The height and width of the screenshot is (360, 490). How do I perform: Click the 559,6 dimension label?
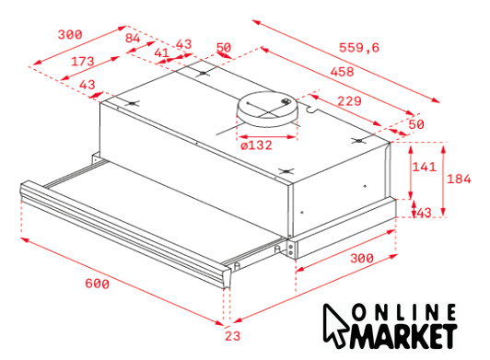click(359, 48)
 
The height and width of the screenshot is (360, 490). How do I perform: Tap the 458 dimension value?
click(343, 72)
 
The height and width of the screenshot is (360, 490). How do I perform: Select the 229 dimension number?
click(349, 101)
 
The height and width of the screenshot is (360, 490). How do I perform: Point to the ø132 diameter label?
click(256, 145)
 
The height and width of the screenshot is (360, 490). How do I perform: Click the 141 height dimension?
click(424, 167)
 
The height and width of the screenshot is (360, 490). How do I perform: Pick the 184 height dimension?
click(459, 179)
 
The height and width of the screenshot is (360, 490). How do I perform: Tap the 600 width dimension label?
click(98, 284)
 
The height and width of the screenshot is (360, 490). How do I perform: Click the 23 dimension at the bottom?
click(233, 336)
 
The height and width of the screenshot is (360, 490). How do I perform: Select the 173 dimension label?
click(83, 62)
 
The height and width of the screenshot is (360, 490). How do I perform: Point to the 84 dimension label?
click(133, 38)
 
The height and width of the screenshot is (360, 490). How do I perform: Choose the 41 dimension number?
click(162, 52)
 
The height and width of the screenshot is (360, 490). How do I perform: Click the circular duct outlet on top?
click(267, 109)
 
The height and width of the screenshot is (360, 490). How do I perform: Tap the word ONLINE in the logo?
click(404, 312)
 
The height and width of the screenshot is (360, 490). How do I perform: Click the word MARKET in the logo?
click(404, 337)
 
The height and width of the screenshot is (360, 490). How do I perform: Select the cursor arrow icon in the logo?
click(334, 326)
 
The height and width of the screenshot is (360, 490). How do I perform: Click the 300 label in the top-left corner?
click(70, 34)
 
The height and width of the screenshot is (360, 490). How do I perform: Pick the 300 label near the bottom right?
click(362, 259)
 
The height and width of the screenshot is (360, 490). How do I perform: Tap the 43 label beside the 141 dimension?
click(424, 213)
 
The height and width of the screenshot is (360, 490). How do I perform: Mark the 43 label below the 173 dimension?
click(87, 85)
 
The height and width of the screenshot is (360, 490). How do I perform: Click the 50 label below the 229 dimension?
click(416, 124)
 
